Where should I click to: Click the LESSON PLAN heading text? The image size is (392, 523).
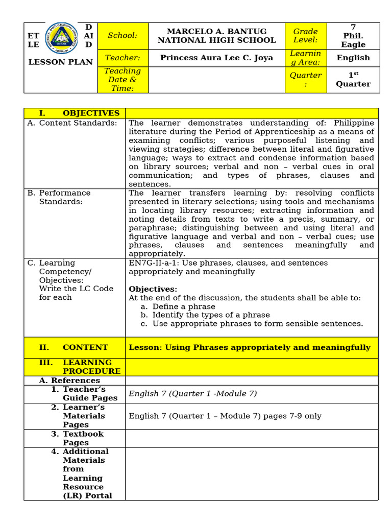[x=60, y=62]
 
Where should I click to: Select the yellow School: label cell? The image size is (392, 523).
[x=122, y=36]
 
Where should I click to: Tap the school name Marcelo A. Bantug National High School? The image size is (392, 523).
[x=216, y=36]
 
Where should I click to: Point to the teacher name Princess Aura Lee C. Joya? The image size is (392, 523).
[x=216, y=58]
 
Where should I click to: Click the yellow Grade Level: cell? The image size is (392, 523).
[x=305, y=36]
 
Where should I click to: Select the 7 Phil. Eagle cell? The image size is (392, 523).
[x=353, y=36]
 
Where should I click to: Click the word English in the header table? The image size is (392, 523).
[x=353, y=58]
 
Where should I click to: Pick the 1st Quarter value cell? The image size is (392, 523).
[x=353, y=80]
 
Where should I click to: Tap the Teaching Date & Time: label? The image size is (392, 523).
[x=122, y=80]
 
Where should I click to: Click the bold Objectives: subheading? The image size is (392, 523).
[x=153, y=289]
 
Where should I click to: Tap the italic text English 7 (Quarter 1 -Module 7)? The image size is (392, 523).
[x=193, y=393]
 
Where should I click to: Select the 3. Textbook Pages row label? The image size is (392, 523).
[x=81, y=438]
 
